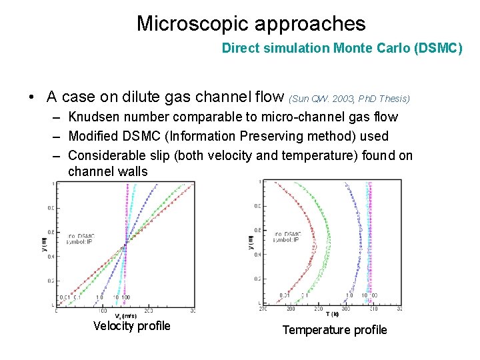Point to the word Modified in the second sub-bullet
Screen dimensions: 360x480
pyautogui.click(x=94, y=136)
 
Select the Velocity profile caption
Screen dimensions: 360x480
pyautogui.click(x=131, y=326)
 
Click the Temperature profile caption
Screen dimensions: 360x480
pyautogui.click(x=334, y=330)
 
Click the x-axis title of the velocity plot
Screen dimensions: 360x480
pyautogui.click(x=125, y=317)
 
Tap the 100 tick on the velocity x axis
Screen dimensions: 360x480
pyautogui.click(x=102, y=311)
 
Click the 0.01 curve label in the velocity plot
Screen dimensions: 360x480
pyautogui.click(x=66, y=297)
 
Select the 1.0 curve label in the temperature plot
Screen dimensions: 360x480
pyautogui.click(x=349, y=295)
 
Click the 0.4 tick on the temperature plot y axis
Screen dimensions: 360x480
pyautogui.click(x=257, y=255)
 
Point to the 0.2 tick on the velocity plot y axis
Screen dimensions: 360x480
pyautogui.click(x=51, y=281)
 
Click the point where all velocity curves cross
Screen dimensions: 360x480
pyautogui.click(x=125, y=245)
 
